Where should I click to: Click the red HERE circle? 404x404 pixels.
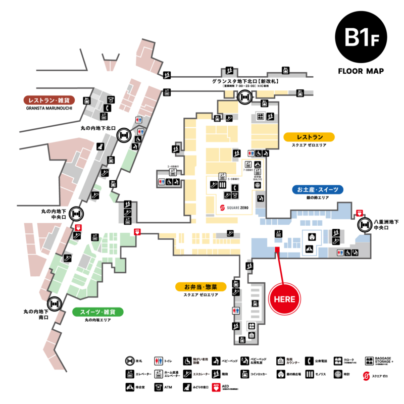(284, 298)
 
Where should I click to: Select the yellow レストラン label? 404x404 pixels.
(309, 137)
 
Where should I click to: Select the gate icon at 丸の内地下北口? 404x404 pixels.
(124, 135)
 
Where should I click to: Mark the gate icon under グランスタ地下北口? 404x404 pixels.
(245, 96)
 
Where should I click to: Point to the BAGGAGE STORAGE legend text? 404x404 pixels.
(387, 360)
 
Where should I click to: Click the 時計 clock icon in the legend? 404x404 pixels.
(337, 375)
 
